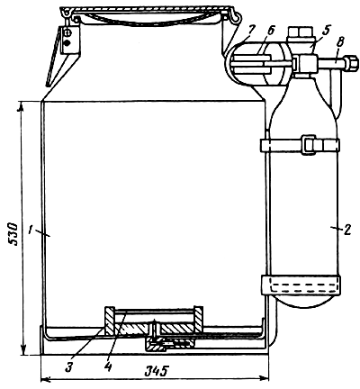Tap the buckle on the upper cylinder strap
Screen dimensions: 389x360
(x=309, y=143)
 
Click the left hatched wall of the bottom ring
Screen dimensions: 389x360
(x=108, y=319)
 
